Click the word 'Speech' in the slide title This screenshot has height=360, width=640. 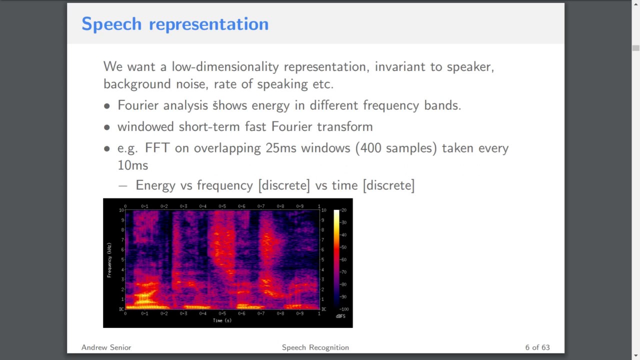[111, 24]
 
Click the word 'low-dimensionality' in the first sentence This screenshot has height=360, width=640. [225, 67]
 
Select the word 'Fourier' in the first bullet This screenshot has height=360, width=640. [138, 105]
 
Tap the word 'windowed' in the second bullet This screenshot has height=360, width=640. [145, 127]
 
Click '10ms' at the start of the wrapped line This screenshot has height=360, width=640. [132, 165]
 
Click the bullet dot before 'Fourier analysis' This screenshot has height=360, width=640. [106, 106]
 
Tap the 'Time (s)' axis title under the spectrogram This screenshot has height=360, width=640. [222, 320]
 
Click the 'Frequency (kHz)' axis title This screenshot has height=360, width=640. [109, 260]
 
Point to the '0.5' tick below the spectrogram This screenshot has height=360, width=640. [222, 313]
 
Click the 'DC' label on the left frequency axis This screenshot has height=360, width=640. [121, 309]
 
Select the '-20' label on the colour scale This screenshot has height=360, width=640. [343, 210]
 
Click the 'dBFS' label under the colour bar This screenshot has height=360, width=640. [340, 316]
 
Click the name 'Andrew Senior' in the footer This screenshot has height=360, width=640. [106, 347]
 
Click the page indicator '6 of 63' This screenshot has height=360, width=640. [537, 347]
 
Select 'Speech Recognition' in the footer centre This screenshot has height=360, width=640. [315, 347]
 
